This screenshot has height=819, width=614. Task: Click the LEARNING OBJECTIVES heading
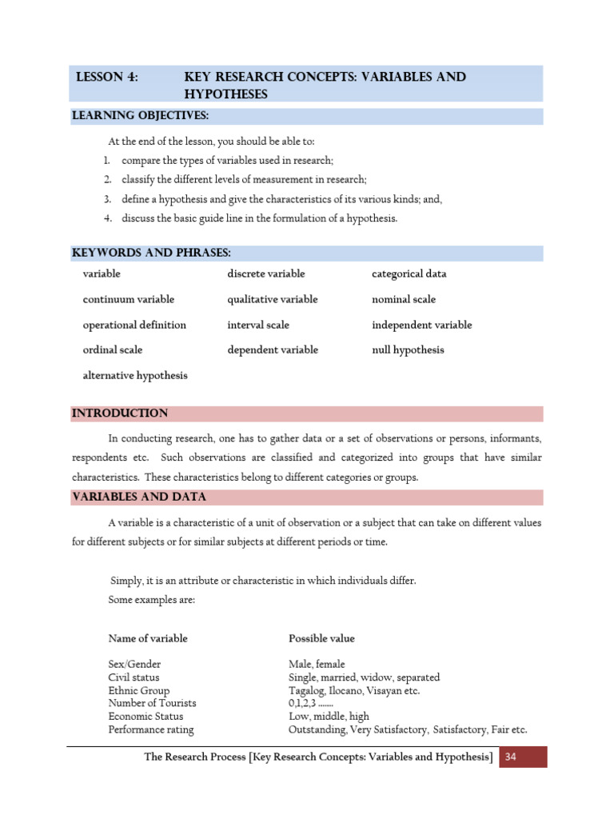tap(140, 116)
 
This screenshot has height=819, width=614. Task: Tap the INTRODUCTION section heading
tap(120, 413)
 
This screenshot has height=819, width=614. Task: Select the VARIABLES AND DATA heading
tap(139, 497)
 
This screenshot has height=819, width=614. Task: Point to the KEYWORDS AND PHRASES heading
tap(151, 253)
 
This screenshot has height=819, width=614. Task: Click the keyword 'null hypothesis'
tap(408, 350)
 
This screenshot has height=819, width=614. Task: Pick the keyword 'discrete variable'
tap(266, 274)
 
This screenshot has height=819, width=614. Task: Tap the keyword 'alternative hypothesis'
tap(135, 375)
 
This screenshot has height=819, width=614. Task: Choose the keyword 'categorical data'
tap(409, 274)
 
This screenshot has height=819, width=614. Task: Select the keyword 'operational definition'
tap(134, 325)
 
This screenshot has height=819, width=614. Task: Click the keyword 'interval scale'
tap(258, 325)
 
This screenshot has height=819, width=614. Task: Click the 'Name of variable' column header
tap(148, 638)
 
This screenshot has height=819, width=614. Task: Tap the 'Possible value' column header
tap(321, 638)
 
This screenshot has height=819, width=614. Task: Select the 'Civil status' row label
tap(134, 677)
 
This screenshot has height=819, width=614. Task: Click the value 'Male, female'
tap(317, 664)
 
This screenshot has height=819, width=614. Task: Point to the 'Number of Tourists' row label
tap(152, 703)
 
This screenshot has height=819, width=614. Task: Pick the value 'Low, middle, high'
tap(329, 716)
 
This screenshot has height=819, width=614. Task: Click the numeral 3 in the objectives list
tap(106, 199)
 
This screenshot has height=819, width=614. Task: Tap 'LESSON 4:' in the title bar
tap(106, 78)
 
